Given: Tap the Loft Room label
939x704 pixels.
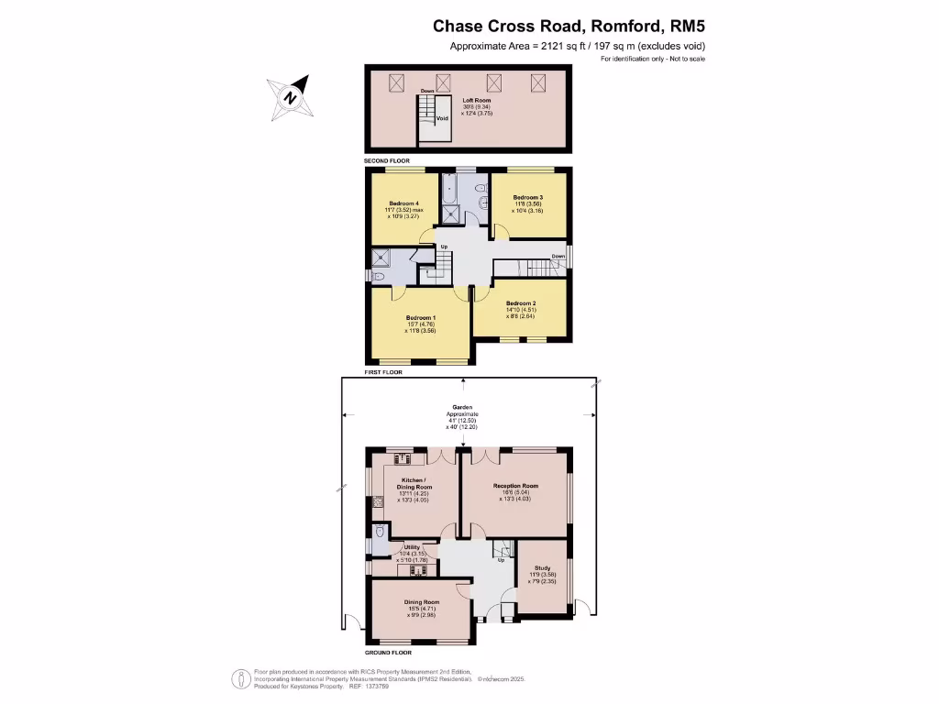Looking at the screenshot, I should coord(475,100).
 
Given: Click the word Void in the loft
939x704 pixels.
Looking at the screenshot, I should coord(441,118).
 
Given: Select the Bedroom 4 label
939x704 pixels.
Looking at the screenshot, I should coord(404,203).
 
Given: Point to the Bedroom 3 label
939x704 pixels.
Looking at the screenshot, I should coord(528,198).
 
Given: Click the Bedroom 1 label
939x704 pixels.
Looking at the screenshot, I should coord(421,318).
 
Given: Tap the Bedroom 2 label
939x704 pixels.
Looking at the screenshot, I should coord(521,303).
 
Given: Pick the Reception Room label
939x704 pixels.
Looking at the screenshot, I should coord(515,486).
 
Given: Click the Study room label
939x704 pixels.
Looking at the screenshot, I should coord(542,568).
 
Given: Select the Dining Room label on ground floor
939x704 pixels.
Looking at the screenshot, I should coord(423,602).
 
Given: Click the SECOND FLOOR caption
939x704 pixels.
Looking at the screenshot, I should coord(386,160).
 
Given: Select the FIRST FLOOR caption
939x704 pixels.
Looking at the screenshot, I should coord(382,373).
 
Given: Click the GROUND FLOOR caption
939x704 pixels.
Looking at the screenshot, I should coord(389,653).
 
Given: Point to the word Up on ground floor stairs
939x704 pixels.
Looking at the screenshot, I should coord(501,560).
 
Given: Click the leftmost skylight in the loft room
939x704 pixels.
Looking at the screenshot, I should coord(397,82).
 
